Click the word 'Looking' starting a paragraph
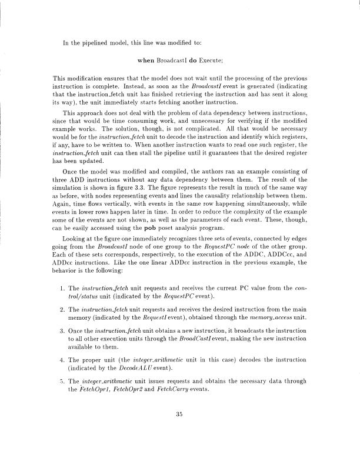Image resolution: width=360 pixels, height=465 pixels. click(x=79, y=234)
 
